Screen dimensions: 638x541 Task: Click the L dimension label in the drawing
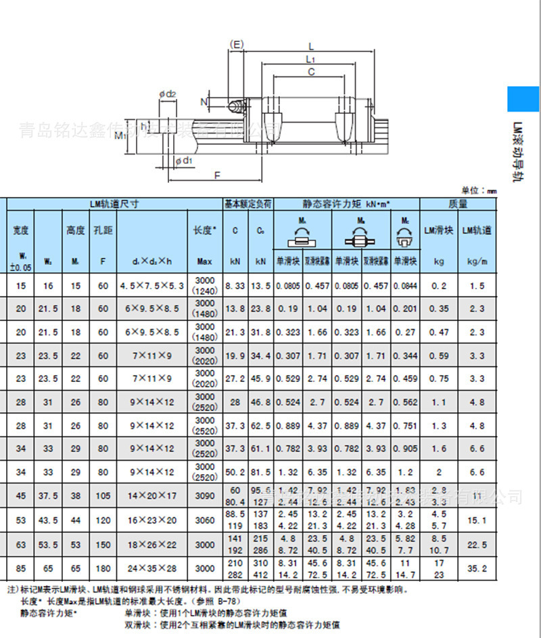point(310,46)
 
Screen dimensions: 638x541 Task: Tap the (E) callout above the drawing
point(237,45)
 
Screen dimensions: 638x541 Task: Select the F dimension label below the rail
point(216,175)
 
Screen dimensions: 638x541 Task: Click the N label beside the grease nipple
point(204,102)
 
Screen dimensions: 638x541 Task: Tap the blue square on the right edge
point(524,99)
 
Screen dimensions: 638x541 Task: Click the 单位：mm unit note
point(479,191)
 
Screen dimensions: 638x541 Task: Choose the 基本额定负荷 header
point(248,203)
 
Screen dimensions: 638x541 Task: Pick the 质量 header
point(458,203)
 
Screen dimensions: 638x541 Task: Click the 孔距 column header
point(103,230)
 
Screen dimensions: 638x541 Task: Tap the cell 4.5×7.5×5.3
point(152,286)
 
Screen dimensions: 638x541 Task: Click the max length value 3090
point(204,496)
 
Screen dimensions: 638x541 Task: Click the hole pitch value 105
point(103,496)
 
